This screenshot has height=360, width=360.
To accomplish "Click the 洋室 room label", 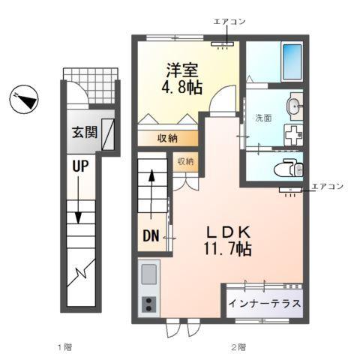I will click(x=181, y=68).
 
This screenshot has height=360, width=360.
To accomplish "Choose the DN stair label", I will click(x=151, y=237).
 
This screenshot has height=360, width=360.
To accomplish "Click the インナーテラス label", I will click(x=265, y=304).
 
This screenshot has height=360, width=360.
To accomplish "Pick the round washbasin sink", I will click(x=295, y=106).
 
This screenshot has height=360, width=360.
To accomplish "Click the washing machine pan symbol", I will click(x=292, y=134).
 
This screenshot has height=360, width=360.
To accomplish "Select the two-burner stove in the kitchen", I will click(x=148, y=304).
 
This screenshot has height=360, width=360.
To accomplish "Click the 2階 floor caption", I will click(x=238, y=346).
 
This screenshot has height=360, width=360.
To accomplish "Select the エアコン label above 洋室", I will click(x=228, y=22).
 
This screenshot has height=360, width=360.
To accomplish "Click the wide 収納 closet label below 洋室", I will click(x=167, y=138).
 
